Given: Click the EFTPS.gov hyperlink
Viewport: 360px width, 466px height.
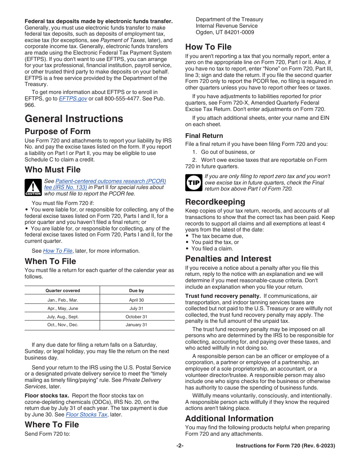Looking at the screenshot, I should click(73, 99).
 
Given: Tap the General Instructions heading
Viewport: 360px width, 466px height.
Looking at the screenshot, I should click(74, 119).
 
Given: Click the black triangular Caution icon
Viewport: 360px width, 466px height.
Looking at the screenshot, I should click(33, 188).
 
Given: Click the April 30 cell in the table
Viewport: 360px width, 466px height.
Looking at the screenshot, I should click(136, 300).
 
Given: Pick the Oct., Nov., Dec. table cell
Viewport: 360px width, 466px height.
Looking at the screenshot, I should click(63, 325).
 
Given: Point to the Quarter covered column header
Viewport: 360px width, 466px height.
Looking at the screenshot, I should click(63, 291).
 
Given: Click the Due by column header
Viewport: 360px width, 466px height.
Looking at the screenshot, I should click(136, 291).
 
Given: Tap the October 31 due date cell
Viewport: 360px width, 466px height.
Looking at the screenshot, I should click(136, 317).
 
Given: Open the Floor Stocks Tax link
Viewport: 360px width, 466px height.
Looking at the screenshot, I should click(86, 414).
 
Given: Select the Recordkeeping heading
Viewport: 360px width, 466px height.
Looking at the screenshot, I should click(215, 202).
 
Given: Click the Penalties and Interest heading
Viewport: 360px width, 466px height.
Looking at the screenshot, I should click(228, 259).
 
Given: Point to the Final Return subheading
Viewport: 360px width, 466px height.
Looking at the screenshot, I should click(204, 136).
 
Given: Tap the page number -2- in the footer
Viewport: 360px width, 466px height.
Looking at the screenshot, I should click(180, 446).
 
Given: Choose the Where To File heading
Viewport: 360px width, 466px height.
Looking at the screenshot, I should click(52, 424).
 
